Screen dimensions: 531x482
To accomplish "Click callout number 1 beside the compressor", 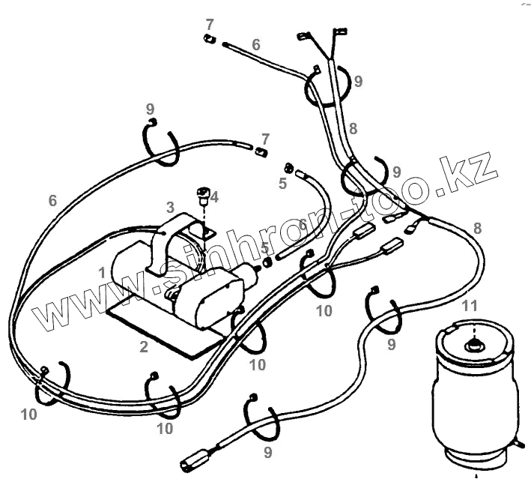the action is [x=101, y=273].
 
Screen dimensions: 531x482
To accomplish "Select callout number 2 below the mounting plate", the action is [x=142, y=346].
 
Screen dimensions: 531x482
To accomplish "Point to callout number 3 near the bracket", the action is [x=170, y=206].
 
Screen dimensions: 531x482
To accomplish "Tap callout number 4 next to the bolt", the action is [x=214, y=197].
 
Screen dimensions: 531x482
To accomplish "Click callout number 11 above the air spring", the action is [x=469, y=305].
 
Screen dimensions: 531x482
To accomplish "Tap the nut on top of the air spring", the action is [x=473, y=346].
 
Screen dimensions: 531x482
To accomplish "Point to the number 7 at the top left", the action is [x=210, y=25].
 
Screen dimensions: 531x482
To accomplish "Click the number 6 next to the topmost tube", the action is [x=256, y=44].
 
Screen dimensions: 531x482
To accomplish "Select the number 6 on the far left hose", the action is [x=52, y=200].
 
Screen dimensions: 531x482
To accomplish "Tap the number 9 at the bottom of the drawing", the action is [x=268, y=452].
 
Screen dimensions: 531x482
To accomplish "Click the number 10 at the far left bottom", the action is [x=29, y=415].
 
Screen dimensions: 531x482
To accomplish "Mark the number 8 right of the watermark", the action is [x=477, y=228].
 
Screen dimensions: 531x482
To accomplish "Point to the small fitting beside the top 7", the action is [x=210, y=38].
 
